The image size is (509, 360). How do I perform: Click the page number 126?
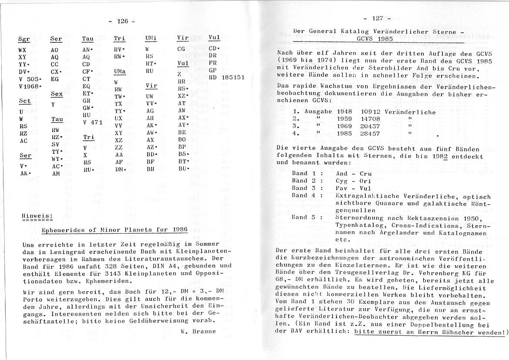click(122, 21)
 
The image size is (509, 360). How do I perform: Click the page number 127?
click(377, 18)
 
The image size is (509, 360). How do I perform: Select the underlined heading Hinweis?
click(37, 215)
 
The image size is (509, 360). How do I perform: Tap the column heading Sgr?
click(24, 39)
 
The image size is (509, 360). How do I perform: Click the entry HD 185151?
click(226, 77)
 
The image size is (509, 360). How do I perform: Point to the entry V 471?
click(92, 122)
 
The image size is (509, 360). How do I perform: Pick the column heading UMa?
click(119, 71)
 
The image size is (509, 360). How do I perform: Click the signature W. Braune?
click(198, 331)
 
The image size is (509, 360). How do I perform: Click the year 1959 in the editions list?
click(344, 119)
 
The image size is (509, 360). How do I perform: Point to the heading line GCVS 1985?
click(373, 39)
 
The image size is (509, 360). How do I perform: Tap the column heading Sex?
click(56, 94)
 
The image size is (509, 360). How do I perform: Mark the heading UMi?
click(151, 38)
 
